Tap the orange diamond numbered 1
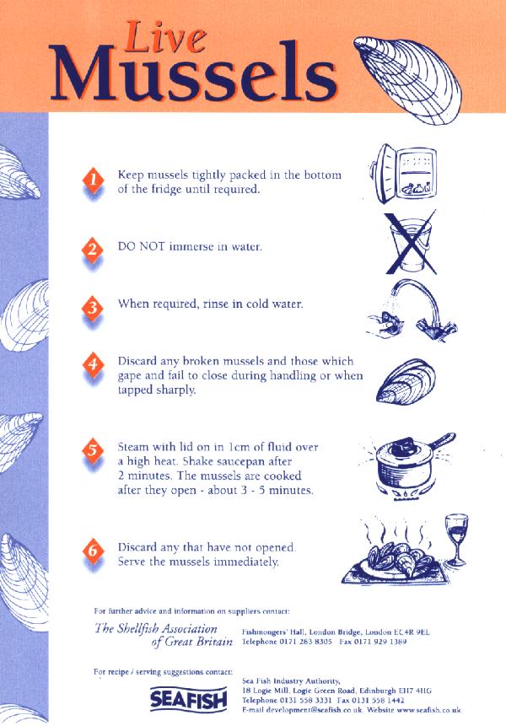(x=93, y=180)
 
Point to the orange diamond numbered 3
(x=93, y=305)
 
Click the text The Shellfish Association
(x=156, y=628)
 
